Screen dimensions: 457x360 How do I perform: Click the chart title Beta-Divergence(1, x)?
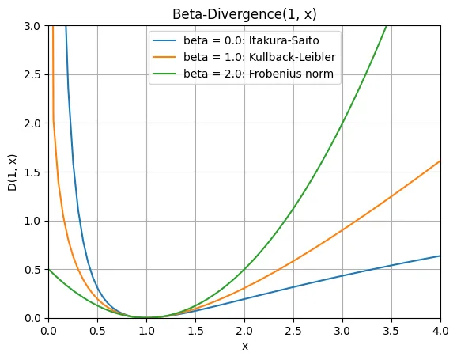pyautogui.click(x=244, y=14)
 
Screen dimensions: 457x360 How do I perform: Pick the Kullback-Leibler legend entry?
pyautogui.click(x=259, y=57)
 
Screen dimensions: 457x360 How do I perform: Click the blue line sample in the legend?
pyautogui.click(x=164, y=40)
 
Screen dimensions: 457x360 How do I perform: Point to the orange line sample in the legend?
pyautogui.click(x=164, y=57)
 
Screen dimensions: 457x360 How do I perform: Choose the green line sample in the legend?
pyautogui.click(x=164, y=74)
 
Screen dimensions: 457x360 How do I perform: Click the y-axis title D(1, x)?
pyautogui.click(x=12, y=172)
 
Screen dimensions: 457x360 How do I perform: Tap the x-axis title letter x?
pyautogui.click(x=245, y=347)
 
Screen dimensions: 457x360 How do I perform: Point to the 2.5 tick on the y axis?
pyautogui.click(x=32, y=74)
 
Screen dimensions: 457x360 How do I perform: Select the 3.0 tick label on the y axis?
pyautogui.click(x=32, y=26)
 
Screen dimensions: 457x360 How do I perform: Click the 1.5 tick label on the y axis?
pyautogui.click(x=32, y=172)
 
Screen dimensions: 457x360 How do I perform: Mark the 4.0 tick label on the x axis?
pyautogui.click(x=440, y=331)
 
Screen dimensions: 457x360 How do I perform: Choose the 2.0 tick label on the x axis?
pyautogui.click(x=244, y=331)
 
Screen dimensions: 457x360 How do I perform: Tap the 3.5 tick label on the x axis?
pyautogui.click(x=391, y=331)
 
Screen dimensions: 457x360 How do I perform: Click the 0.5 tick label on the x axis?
pyautogui.click(x=97, y=331)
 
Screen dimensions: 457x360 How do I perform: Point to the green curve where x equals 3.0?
pyautogui.click(x=342, y=123)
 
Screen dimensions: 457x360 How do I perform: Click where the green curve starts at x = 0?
pyautogui.click(x=49, y=270)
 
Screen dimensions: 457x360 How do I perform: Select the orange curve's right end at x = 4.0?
pyautogui.click(x=440, y=160)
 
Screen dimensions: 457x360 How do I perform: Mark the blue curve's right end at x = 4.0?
pyautogui.click(x=440, y=256)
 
